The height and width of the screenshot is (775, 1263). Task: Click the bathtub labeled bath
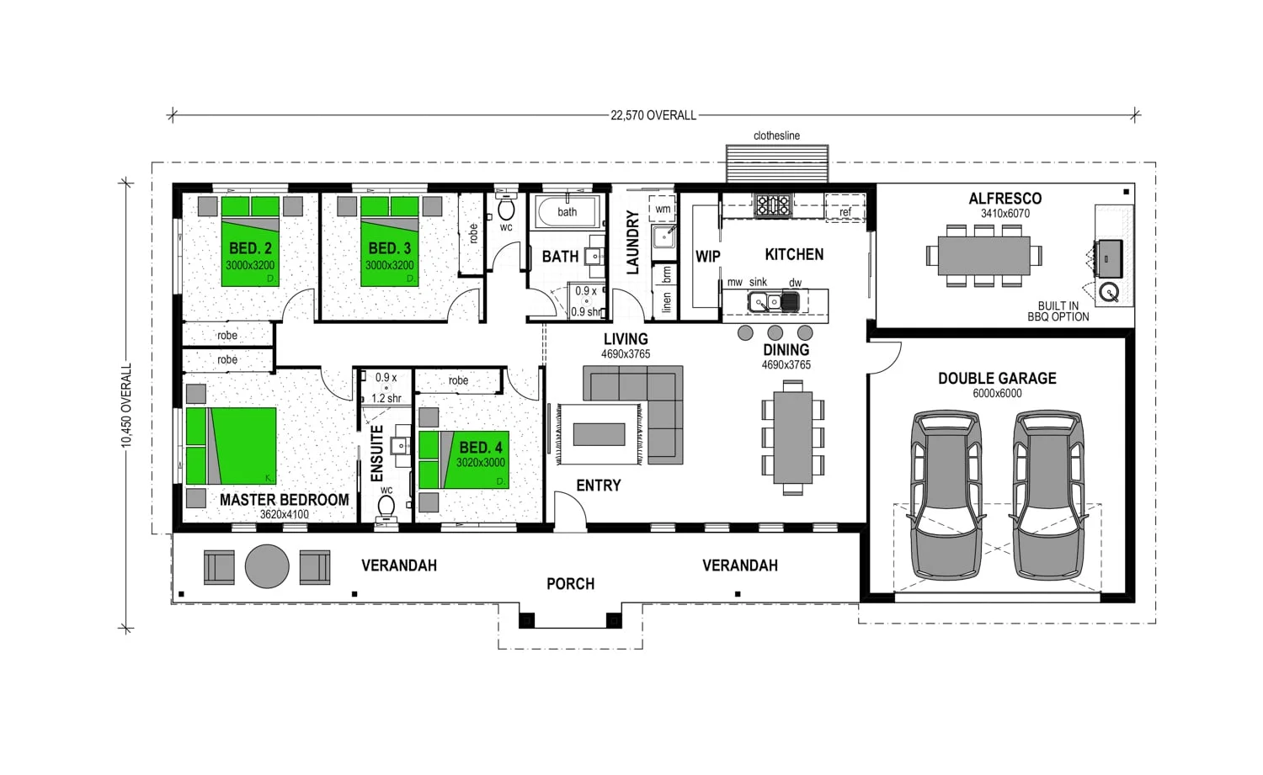(x=568, y=211)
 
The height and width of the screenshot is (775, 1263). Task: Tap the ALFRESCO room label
(x=1005, y=199)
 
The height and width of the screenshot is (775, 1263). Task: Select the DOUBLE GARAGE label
(x=997, y=379)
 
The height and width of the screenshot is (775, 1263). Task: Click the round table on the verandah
(x=267, y=566)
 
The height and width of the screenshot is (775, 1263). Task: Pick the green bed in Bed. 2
(x=250, y=242)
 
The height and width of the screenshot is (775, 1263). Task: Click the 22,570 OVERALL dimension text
(x=653, y=115)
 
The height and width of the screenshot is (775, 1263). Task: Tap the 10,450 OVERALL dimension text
(x=127, y=405)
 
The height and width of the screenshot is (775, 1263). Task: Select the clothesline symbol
(x=777, y=163)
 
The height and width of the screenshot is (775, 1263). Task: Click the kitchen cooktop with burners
(x=772, y=204)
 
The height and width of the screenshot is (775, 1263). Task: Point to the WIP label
(x=707, y=257)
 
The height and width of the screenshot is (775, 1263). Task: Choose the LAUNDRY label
(x=633, y=242)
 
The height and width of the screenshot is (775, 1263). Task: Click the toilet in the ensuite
(x=386, y=507)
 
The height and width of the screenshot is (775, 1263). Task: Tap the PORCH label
(x=570, y=584)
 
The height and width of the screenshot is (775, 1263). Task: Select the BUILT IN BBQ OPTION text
(x=1058, y=311)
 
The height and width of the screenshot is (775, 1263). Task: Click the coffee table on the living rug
(x=599, y=434)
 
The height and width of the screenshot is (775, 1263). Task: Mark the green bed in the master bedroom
(x=232, y=446)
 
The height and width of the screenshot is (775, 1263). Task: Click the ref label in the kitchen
(x=845, y=212)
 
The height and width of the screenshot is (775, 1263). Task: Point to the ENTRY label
(x=598, y=486)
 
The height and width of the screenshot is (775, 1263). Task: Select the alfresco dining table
(x=983, y=255)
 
